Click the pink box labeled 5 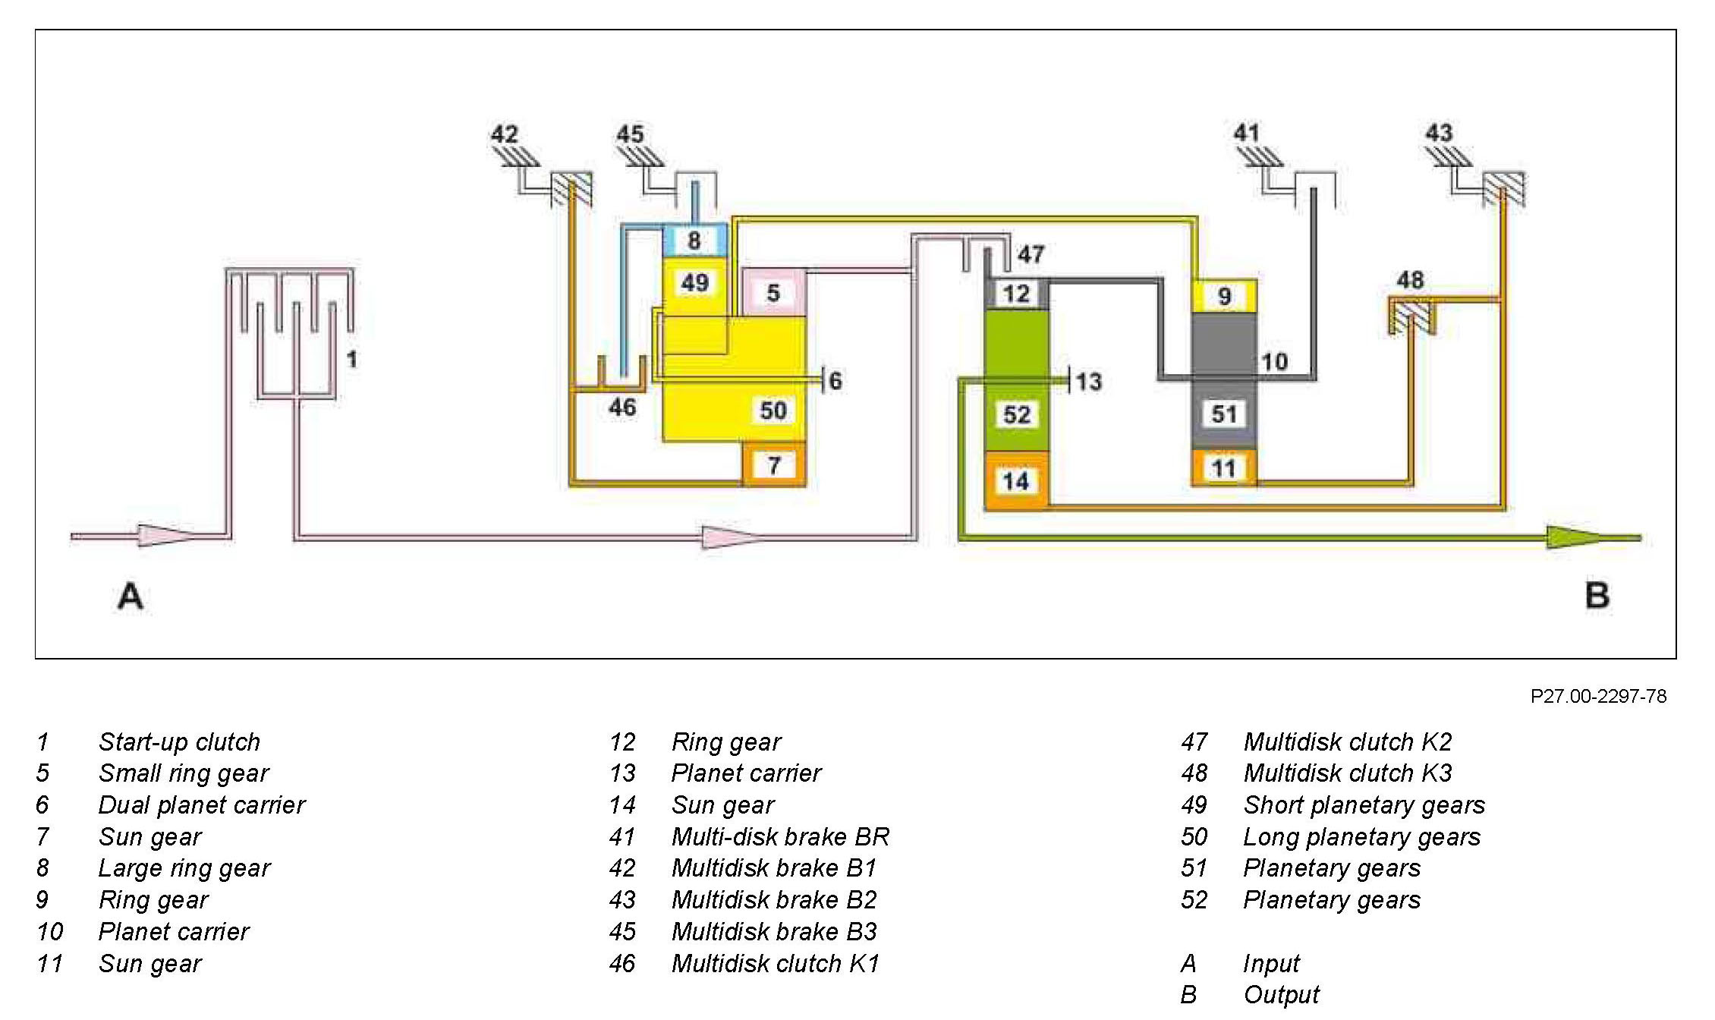coord(773,292)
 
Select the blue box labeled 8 coord(694,241)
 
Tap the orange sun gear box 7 coord(773,464)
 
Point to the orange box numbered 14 coord(1016,480)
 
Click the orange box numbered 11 coord(1223,468)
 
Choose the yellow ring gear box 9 coord(1223,296)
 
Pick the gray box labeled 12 coord(1016,294)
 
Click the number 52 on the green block coord(1017,414)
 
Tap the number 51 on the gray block coord(1224,414)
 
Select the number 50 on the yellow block coord(773,411)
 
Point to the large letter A coord(131,597)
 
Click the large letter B coord(1597,595)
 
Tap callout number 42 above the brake coord(504,135)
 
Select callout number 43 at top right coord(1439,134)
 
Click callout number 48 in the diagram coord(1410,280)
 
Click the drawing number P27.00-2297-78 coord(1598,697)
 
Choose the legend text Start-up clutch coord(179,741)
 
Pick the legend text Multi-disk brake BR coord(780,836)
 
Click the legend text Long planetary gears coord(1361,836)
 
